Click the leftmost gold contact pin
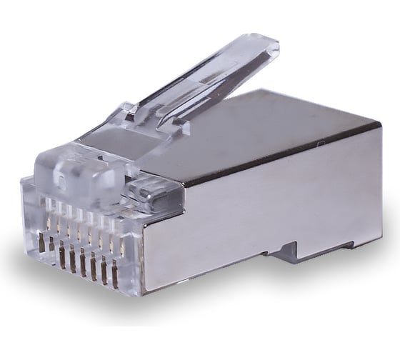tap(41, 242)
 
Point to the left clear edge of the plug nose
tap(26, 207)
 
